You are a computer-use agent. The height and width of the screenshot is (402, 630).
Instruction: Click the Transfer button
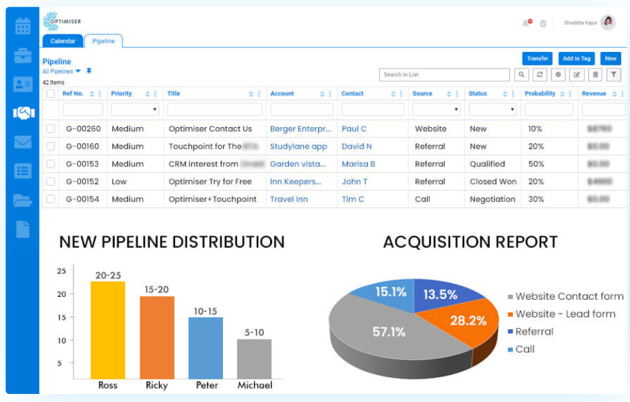[537, 59]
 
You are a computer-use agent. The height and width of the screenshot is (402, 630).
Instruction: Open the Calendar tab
[63, 41]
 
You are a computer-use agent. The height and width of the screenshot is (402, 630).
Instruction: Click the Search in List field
[444, 75]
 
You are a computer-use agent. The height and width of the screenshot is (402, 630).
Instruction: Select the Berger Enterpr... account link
[301, 129]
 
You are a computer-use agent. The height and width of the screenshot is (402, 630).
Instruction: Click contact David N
[356, 146]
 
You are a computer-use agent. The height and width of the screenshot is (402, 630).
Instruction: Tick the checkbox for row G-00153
[50, 164]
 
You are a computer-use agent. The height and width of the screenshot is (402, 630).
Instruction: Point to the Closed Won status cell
[493, 182]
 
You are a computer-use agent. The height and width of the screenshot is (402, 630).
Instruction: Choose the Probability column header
[540, 94]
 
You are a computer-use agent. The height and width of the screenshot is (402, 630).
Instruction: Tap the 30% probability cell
[536, 199]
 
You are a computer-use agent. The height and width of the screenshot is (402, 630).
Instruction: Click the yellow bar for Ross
[108, 330]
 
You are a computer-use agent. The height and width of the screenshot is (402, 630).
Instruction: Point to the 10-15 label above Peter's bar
[206, 310]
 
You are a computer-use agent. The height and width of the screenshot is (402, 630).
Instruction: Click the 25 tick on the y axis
[61, 271]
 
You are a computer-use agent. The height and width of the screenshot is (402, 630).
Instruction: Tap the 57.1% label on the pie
[389, 331]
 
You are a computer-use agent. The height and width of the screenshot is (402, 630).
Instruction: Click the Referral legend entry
[534, 331]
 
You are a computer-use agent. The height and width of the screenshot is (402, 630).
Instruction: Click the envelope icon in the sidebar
[23, 142]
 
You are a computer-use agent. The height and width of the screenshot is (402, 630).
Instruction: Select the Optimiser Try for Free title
[210, 182]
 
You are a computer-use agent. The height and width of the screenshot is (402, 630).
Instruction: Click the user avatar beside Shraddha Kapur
[608, 23]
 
